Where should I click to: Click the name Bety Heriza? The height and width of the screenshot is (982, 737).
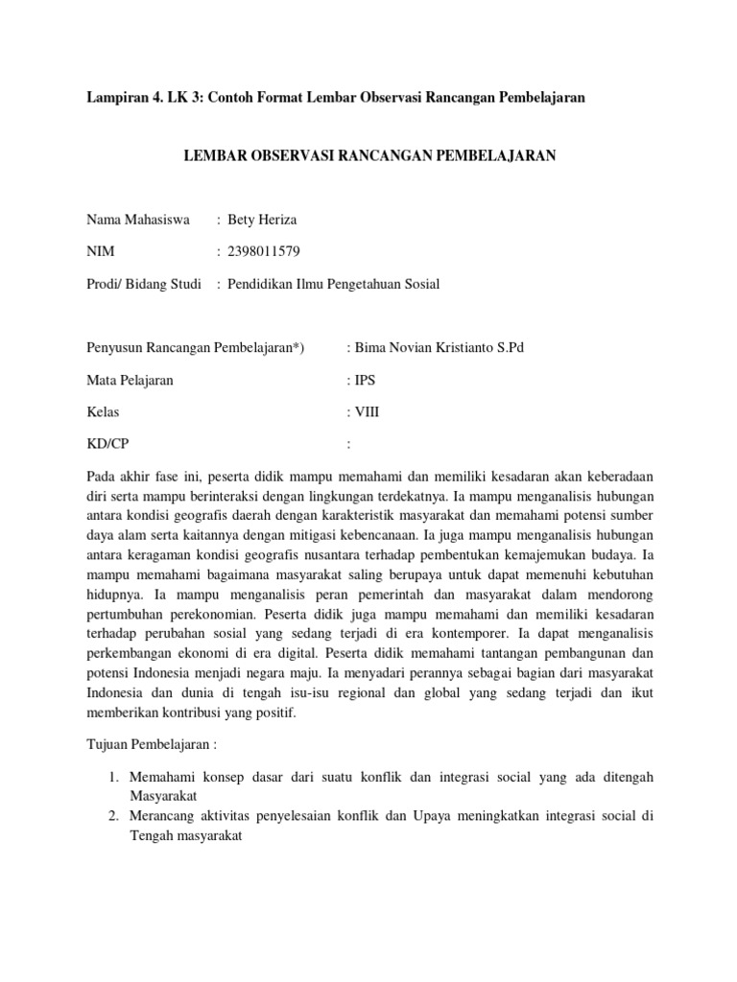coord(262,220)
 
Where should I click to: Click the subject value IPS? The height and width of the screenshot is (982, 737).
coord(366,380)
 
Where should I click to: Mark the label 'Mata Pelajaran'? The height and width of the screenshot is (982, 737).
coord(130,380)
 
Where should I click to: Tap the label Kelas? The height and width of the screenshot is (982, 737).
coord(104,411)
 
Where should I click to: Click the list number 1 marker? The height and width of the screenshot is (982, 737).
coord(112,776)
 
